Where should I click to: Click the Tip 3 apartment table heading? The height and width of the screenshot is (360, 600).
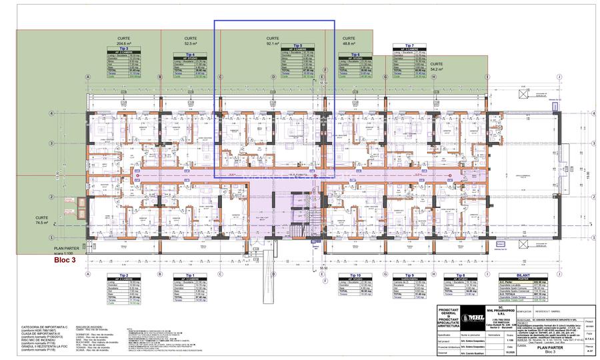pyautogui.click(x=124, y=48)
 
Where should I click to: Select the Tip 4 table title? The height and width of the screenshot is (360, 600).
pyautogui.click(x=190, y=54)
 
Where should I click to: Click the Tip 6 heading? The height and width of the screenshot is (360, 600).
pyautogui.click(x=354, y=54)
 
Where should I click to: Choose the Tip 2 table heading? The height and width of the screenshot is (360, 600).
pyautogui.click(x=124, y=275)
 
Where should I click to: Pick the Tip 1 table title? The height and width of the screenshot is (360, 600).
pyautogui.click(x=190, y=275)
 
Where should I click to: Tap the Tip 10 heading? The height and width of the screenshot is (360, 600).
pyautogui.click(x=354, y=275)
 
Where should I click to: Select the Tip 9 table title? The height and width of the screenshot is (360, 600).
pyautogui.click(x=408, y=275)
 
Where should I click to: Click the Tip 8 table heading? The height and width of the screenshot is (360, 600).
pyautogui.click(x=461, y=275)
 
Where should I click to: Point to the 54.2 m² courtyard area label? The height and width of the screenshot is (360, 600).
pyautogui.click(x=437, y=69)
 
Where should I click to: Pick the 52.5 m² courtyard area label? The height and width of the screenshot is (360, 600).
pyautogui.click(x=190, y=43)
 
